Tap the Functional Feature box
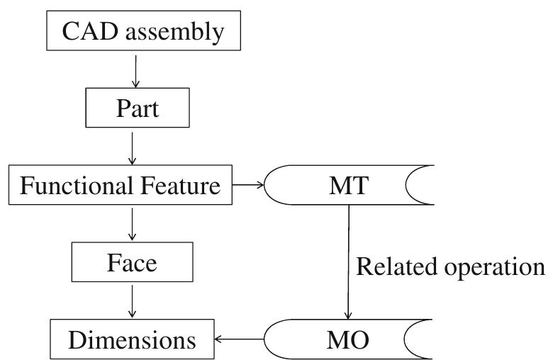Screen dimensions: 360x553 pyautogui.click(x=119, y=187)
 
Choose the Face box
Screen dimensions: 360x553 pyautogui.click(x=132, y=264)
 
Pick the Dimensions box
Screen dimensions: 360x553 pyautogui.click(x=132, y=340)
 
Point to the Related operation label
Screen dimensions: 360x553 pyautogui.click(x=450, y=266)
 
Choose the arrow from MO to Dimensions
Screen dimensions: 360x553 pyautogui.click(x=240, y=340)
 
